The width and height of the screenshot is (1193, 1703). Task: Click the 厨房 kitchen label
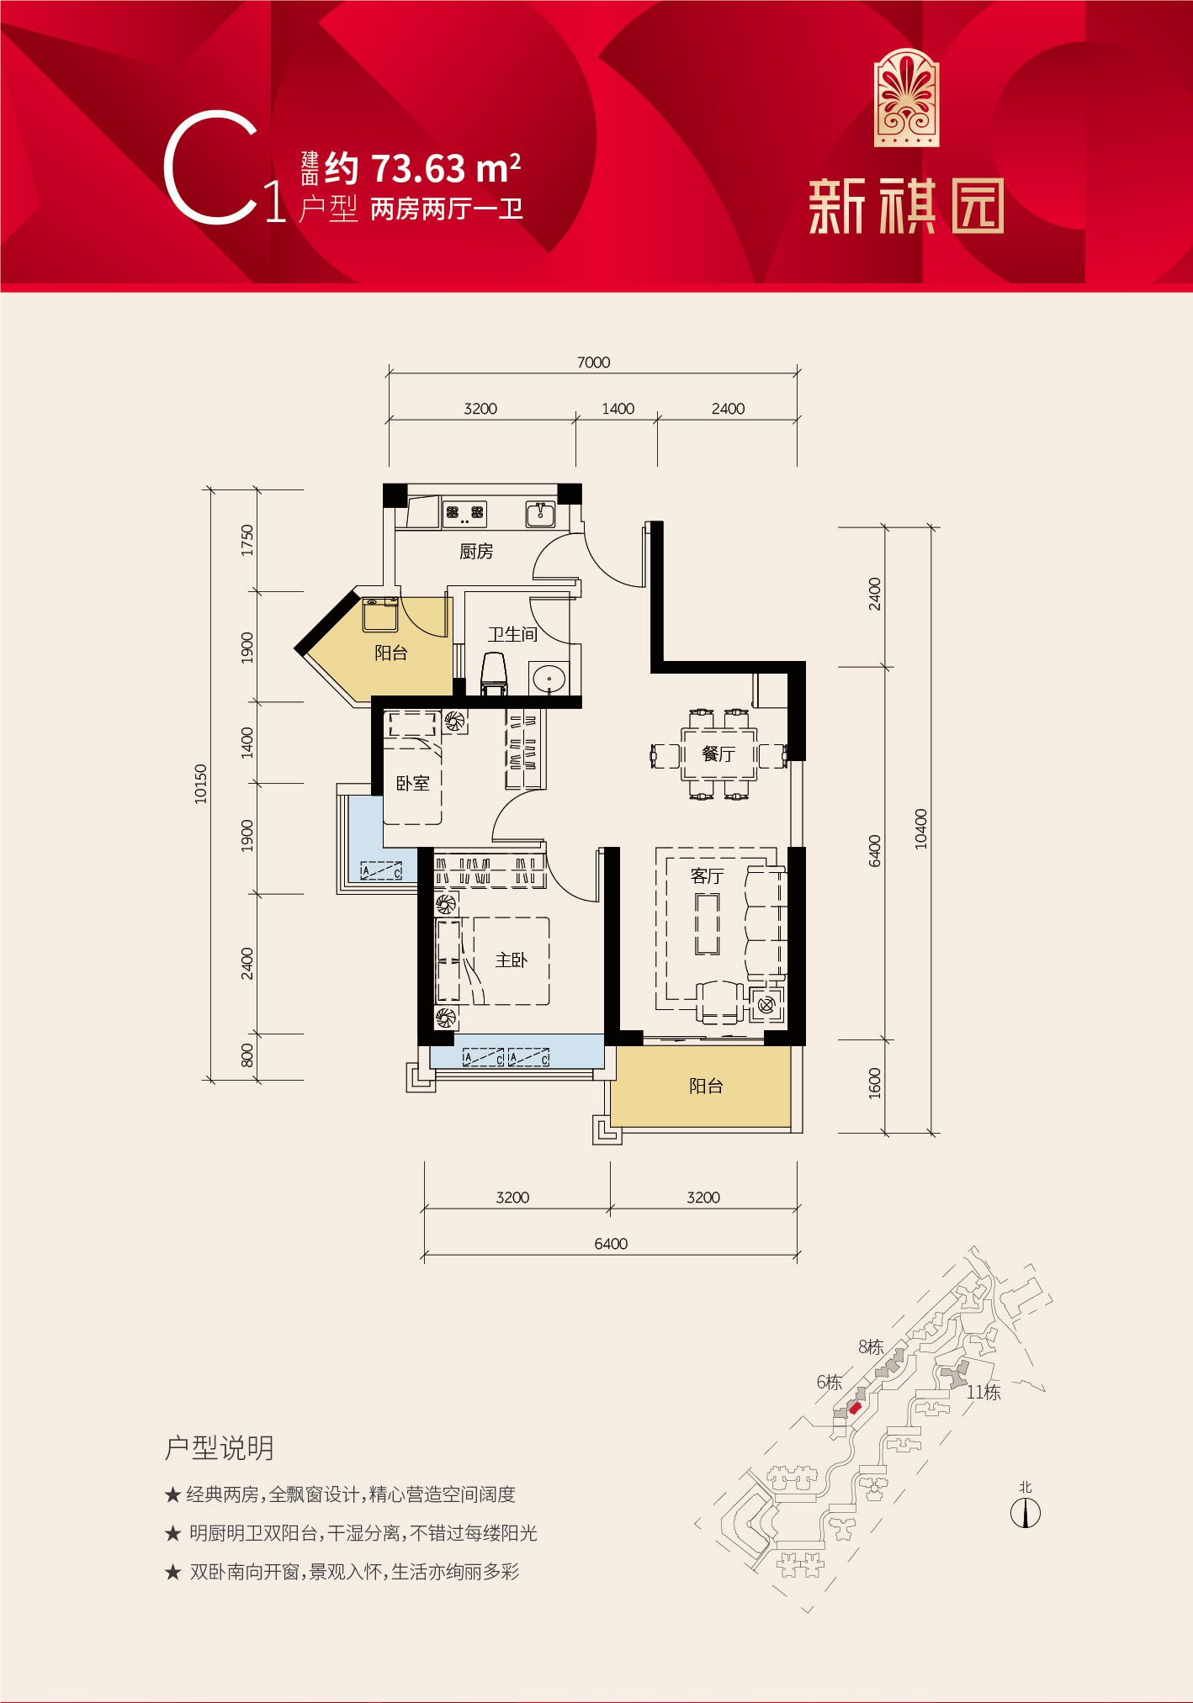476,552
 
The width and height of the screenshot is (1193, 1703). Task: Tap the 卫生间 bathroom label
512,634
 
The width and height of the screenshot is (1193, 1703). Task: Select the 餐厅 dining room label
718,754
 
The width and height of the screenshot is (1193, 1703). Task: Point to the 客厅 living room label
707,876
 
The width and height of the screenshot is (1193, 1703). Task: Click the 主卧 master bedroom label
511,960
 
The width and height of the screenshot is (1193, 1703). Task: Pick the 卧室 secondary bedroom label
412,784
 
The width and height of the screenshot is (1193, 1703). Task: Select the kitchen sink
539,513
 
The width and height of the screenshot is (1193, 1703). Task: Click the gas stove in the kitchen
465,511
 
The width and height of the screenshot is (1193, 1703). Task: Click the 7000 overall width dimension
593,362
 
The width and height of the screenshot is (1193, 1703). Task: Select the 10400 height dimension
921,828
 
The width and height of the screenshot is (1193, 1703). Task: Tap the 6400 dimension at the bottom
611,1244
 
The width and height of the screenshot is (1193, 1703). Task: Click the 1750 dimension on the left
247,540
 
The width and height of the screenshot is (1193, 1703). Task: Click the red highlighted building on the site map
855,1408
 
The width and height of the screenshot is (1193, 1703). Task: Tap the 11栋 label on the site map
984,1393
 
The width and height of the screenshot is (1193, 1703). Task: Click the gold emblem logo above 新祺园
906,98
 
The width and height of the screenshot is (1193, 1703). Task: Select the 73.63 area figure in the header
418,169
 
